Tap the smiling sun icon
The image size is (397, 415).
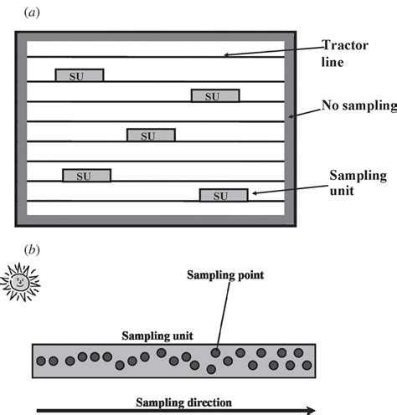18,282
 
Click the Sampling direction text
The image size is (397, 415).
184,401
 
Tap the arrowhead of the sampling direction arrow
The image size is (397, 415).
312,410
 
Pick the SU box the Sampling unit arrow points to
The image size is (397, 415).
223,196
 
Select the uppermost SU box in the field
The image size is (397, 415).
80,75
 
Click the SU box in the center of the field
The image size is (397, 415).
151,136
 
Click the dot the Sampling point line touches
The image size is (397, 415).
215,353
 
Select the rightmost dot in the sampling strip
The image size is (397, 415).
304,364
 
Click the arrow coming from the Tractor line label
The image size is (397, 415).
268,52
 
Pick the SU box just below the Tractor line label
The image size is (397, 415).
215,96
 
